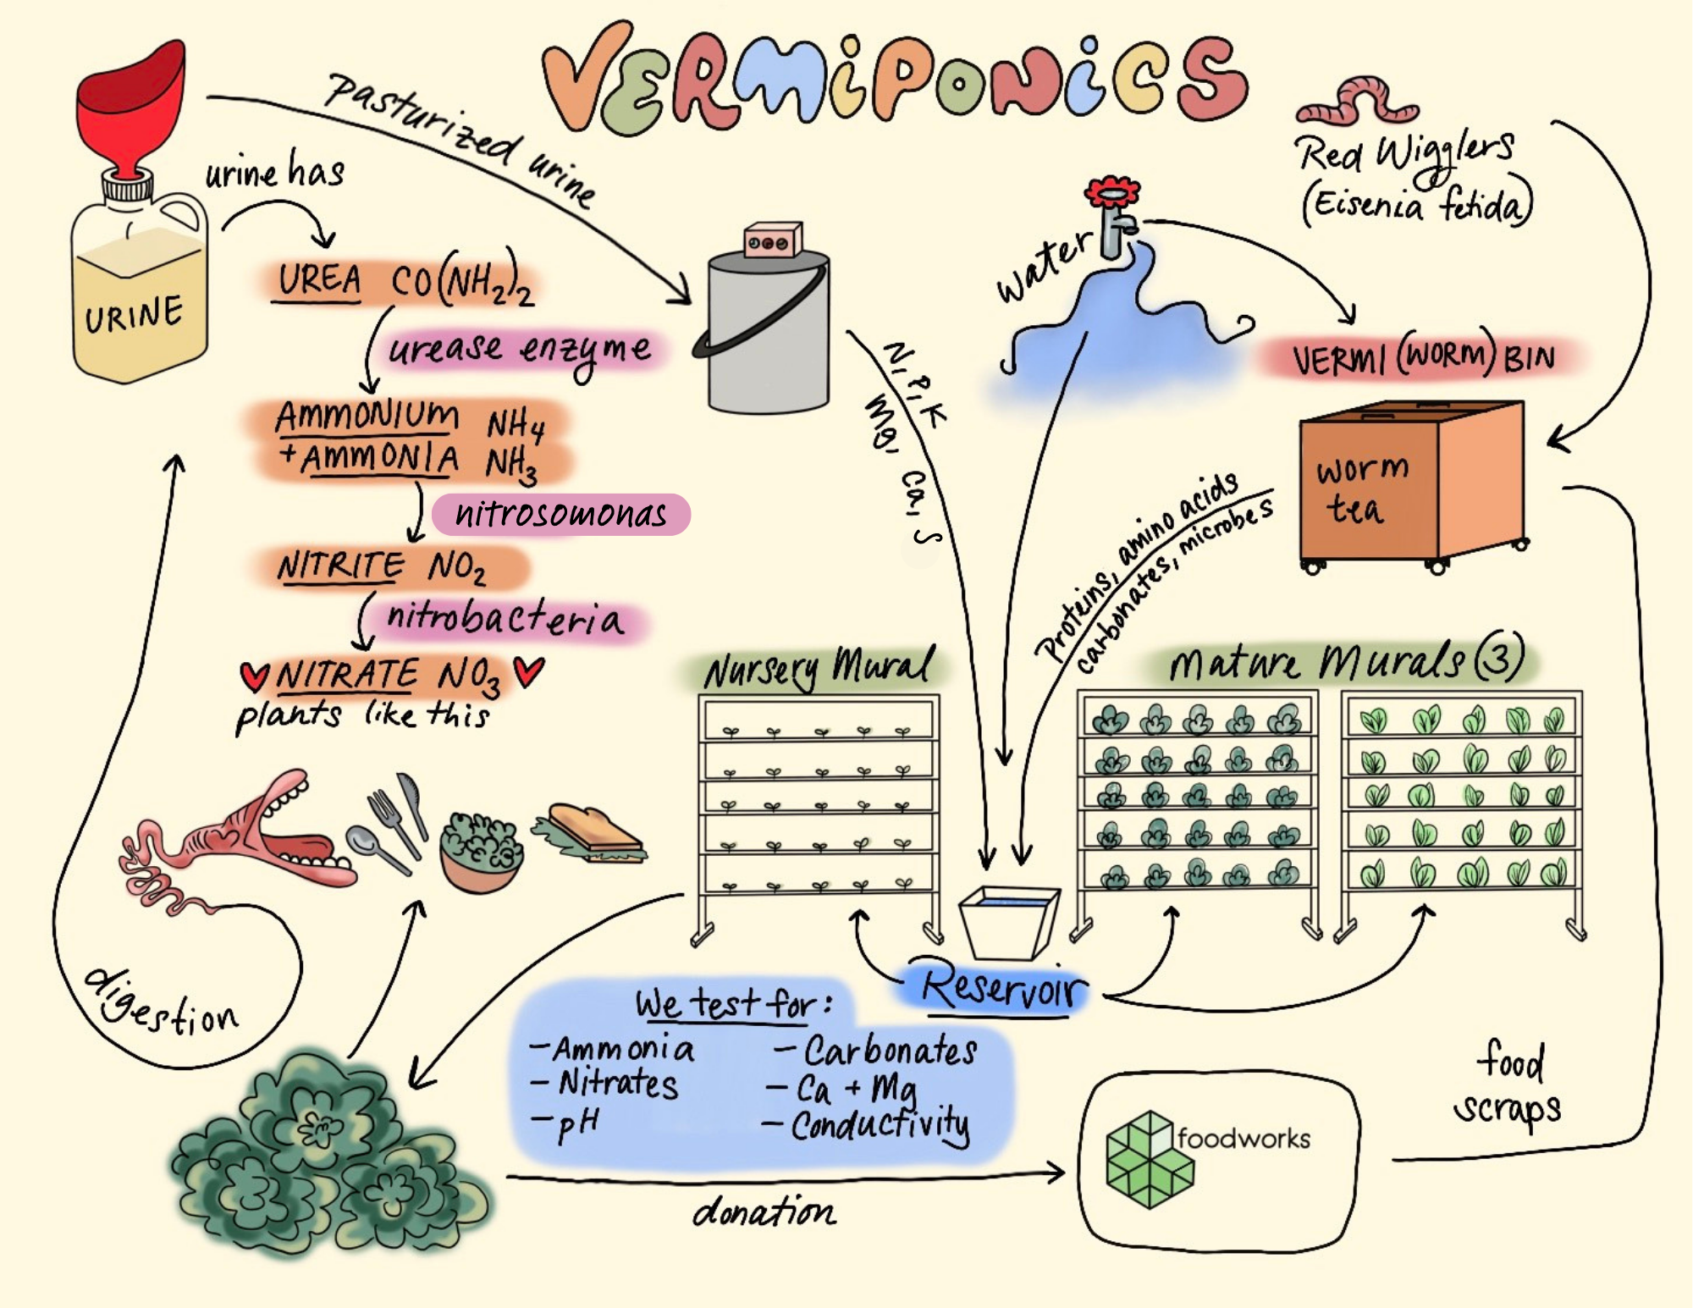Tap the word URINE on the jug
[134, 314]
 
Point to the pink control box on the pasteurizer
[771, 240]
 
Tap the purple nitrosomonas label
[560, 514]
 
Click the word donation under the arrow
[764, 1212]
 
